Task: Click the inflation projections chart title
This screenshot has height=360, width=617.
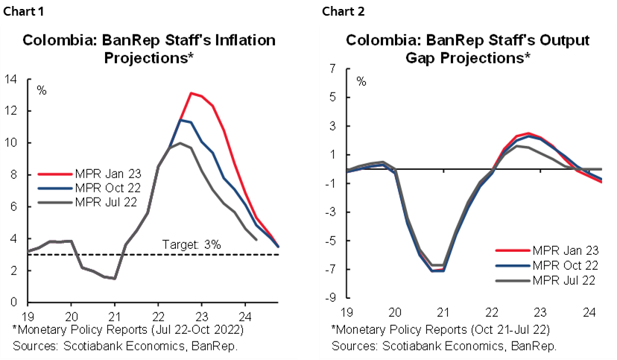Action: pyautogui.click(x=149, y=48)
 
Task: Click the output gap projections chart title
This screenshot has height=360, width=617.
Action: pyautogui.click(x=469, y=48)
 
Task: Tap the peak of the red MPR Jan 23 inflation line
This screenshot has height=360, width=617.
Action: pyautogui.click(x=192, y=93)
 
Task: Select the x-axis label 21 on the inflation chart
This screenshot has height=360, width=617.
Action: pyautogui.click(x=113, y=314)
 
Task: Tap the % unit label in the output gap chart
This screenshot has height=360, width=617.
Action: pyautogui.click(x=361, y=80)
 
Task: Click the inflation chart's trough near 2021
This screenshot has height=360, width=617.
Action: pyautogui.click(x=113, y=279)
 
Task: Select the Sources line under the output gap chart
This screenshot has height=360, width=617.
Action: pyautogui.click(x=444, y=346)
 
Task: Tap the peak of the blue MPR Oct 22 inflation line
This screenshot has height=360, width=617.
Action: pyautogui.click(x=180, y=120)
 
